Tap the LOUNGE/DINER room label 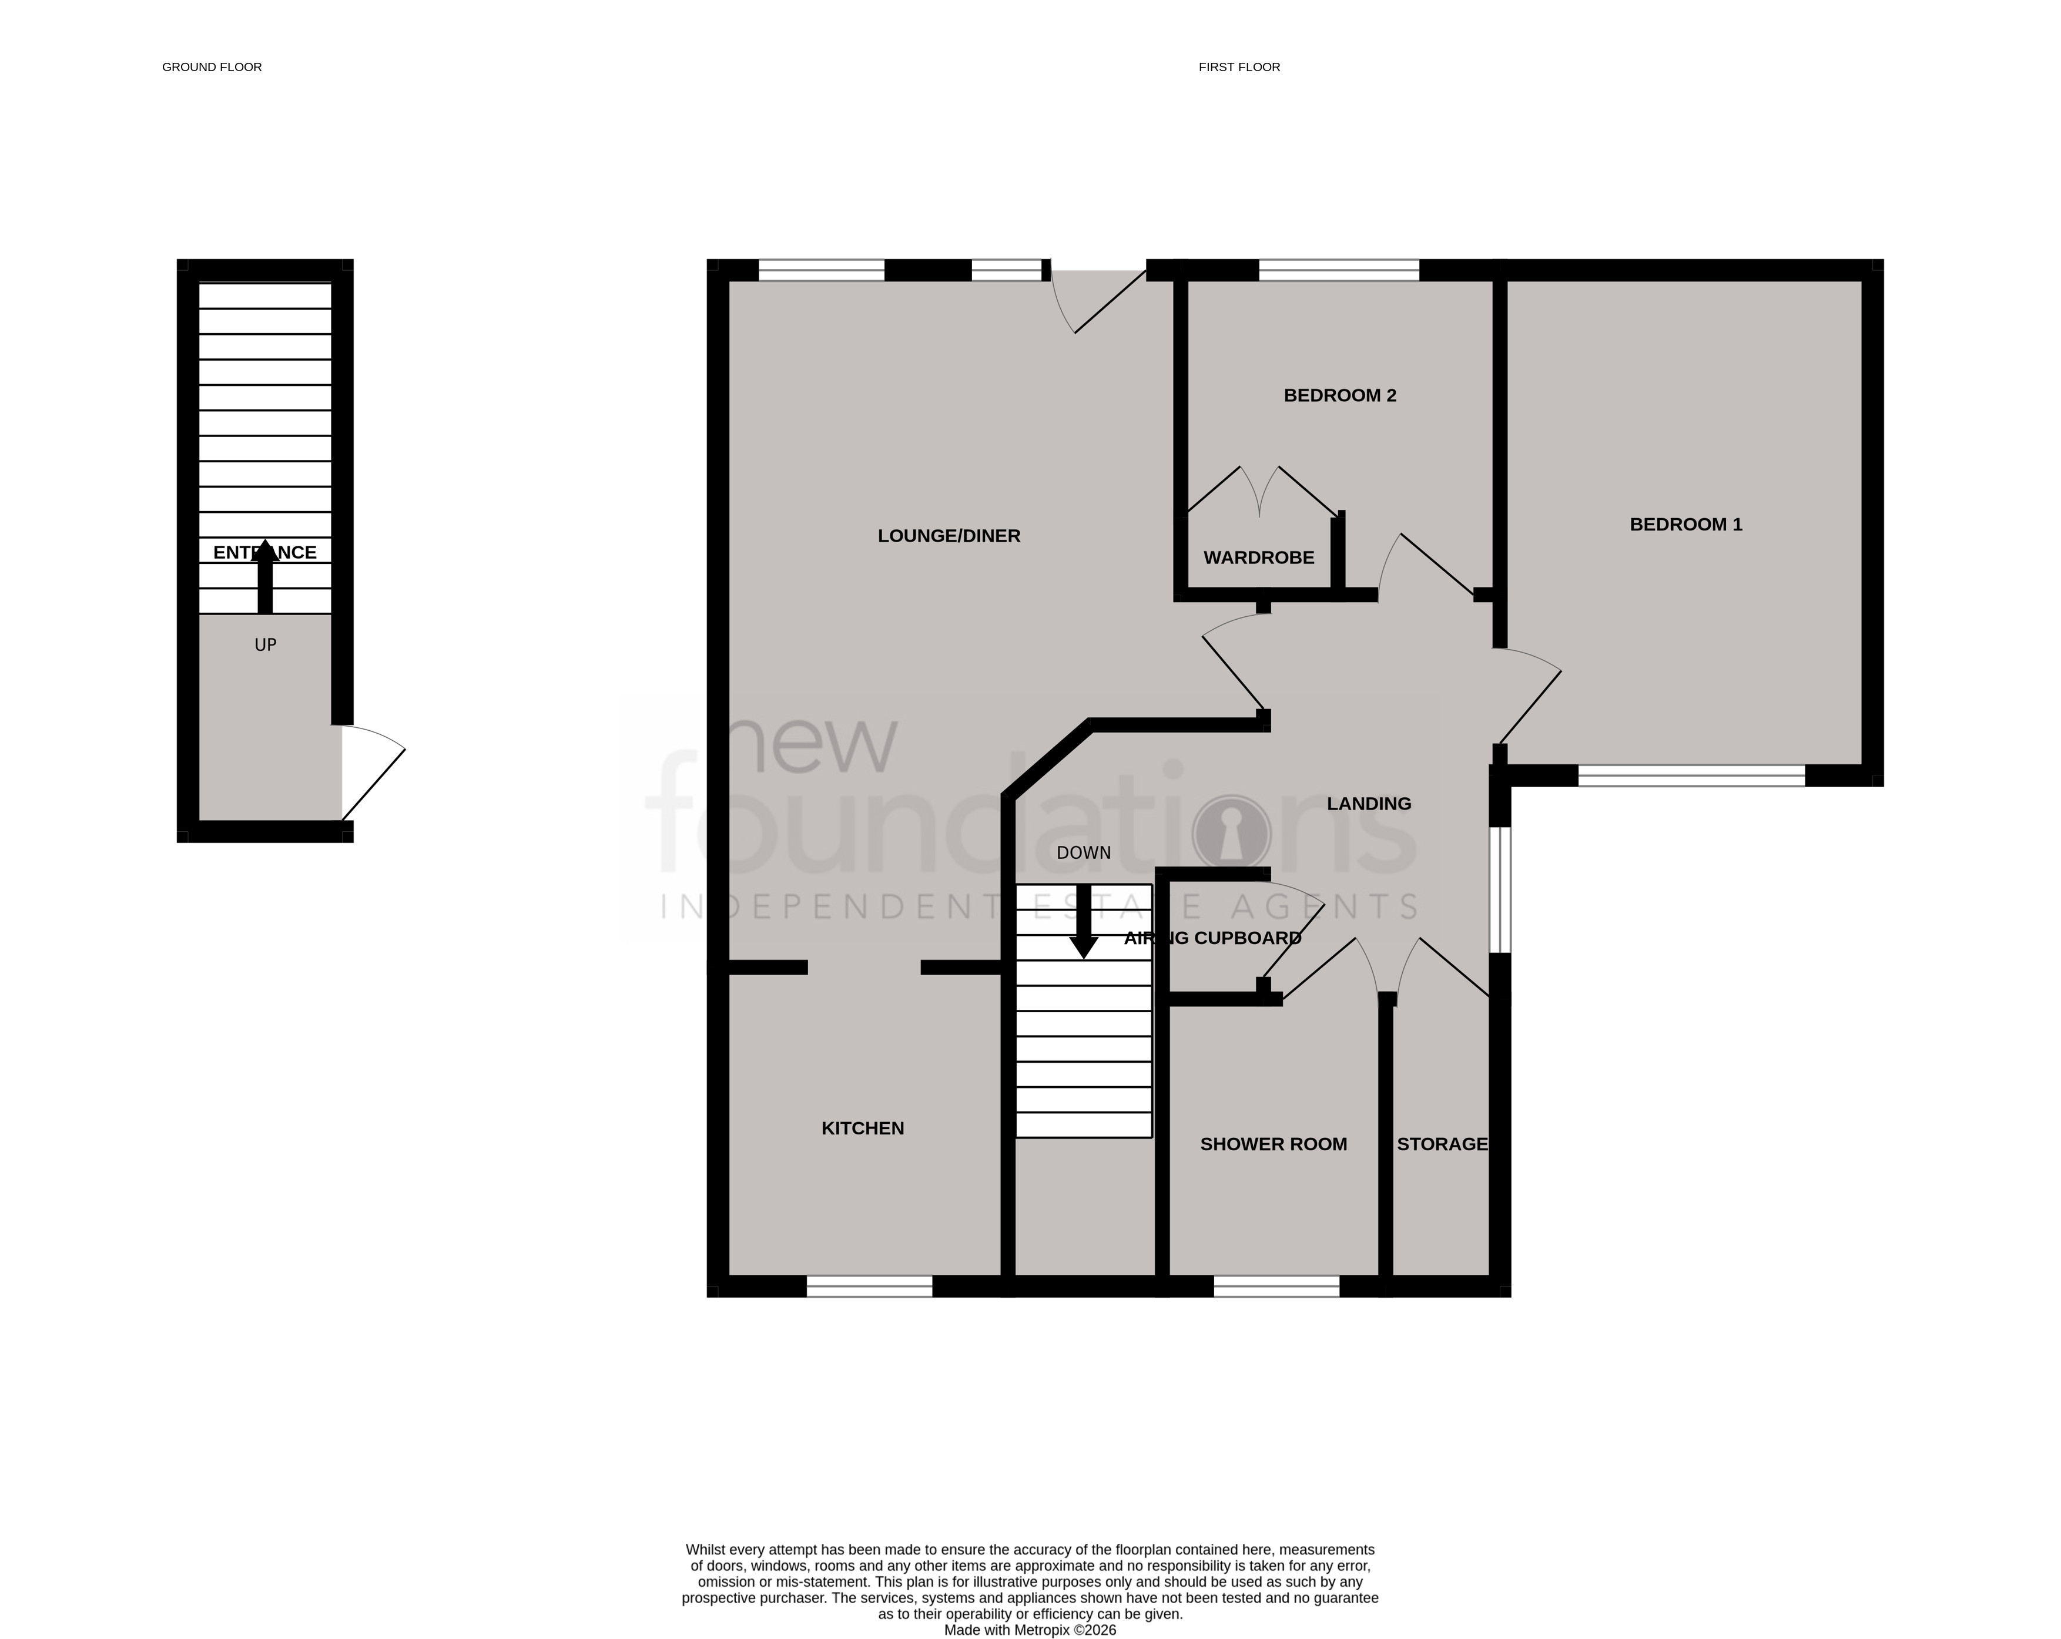coord(949,536)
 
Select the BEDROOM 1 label coord(1685,525)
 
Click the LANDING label coord(1368,804)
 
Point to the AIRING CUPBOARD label coord(1212,939)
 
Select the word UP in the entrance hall coord(265,645)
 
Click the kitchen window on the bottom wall coord(869,1287)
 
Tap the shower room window coord(1276,1287)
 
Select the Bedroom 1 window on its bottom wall coord(1690,776)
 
